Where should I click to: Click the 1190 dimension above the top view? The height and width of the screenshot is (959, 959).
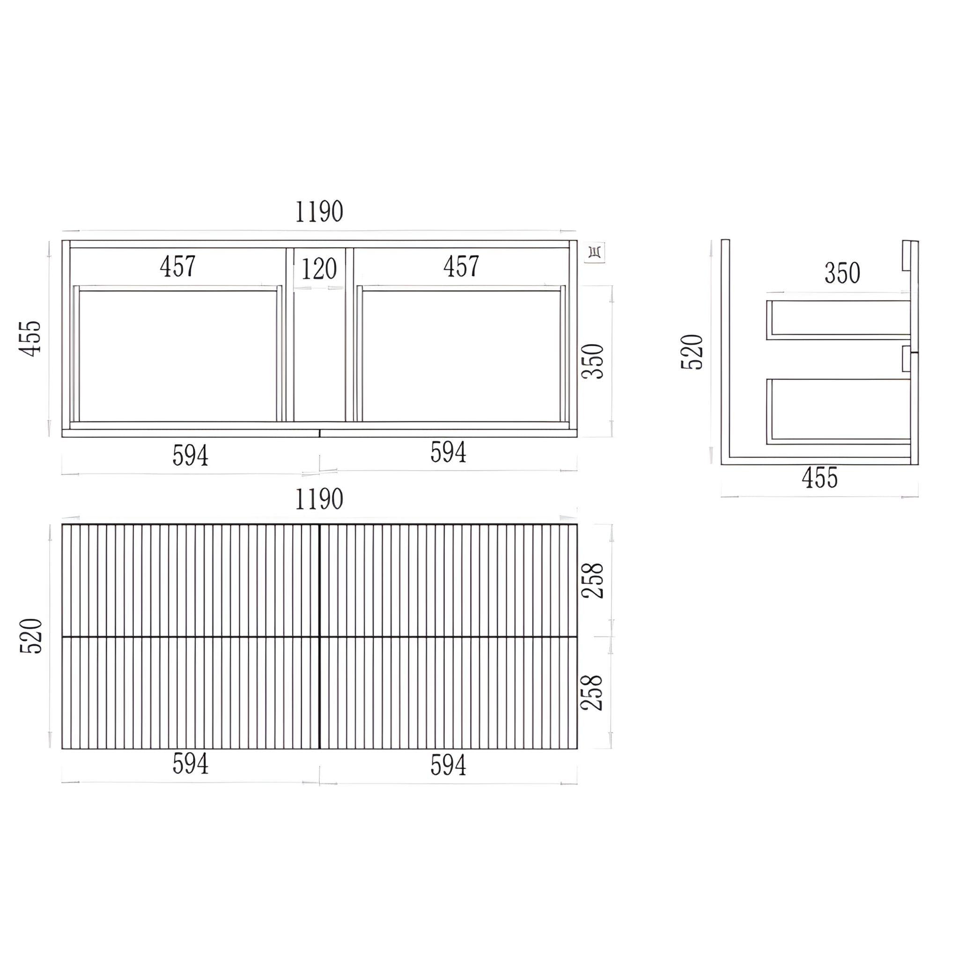[x=319, y=212]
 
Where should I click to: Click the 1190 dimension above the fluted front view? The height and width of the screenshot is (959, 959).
[x=319, y=499]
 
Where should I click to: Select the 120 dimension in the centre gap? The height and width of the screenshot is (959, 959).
[x=319, y=270]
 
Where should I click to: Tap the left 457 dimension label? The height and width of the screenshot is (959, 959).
[x=177, y=266]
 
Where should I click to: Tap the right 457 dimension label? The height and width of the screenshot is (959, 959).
[x=461, y=266]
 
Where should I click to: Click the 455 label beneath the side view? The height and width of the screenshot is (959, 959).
[x=819, y=478]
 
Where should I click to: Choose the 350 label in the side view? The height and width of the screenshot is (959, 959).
[x=842, y=273]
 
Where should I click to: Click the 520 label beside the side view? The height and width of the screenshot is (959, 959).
[x=693, y=352]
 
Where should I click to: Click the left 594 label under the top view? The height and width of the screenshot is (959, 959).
[x=190, y=456]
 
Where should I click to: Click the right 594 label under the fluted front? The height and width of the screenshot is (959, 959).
[x=448, y=765]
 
